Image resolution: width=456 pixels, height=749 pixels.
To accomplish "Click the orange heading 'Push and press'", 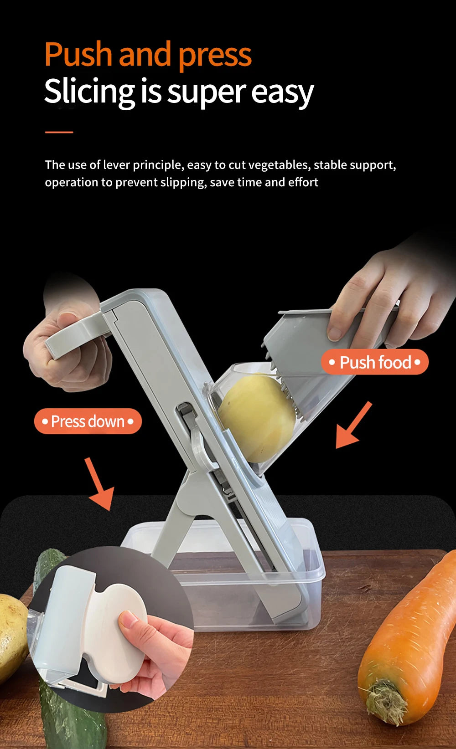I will (x=148, y=55).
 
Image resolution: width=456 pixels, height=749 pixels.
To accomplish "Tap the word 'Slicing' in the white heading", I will (x=89, y=91).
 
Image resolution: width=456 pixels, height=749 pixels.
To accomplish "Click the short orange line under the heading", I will (x=59, y=132).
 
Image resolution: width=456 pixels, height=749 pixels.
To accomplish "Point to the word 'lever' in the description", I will (x=117, y=164).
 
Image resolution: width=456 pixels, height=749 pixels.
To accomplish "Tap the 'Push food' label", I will (x=375, y=362).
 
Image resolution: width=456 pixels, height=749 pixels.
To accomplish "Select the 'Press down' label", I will (x=88, y=421).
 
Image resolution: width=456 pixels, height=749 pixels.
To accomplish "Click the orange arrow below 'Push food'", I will (x=352, y=426).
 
